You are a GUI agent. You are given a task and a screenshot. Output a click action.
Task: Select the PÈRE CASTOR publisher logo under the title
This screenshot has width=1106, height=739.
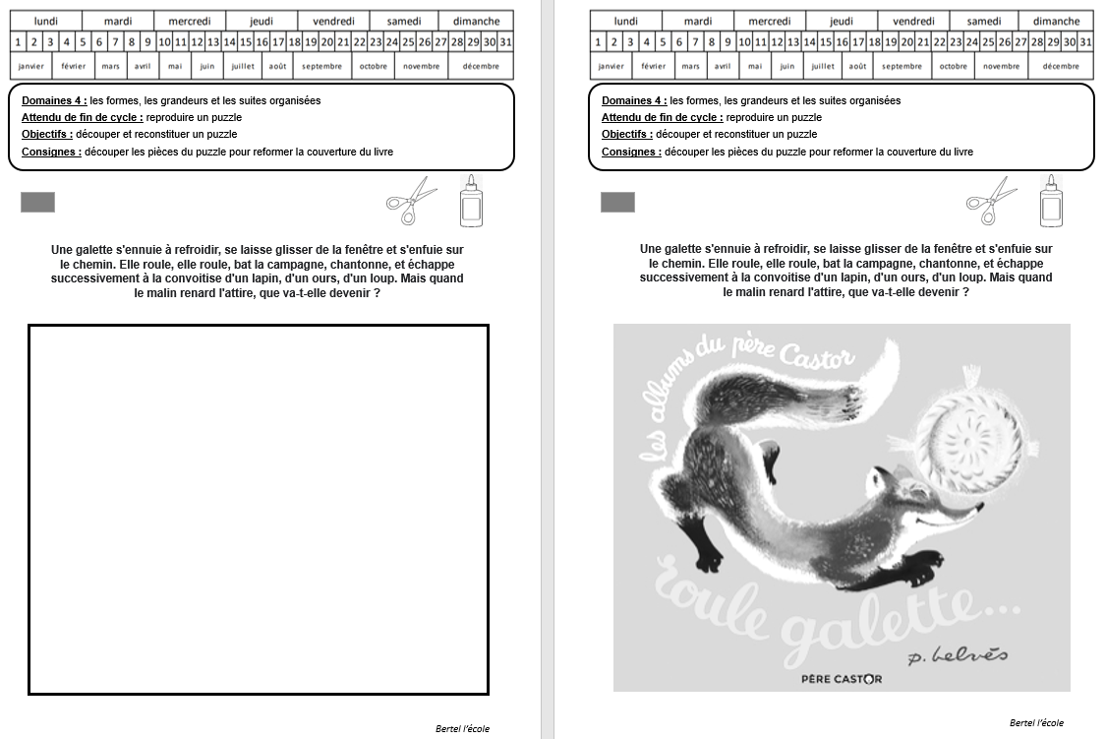(842, 679)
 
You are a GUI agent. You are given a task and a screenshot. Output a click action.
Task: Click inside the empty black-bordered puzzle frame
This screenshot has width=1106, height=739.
(259, 510)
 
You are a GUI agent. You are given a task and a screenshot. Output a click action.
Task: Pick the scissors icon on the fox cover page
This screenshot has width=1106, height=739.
(991, 201)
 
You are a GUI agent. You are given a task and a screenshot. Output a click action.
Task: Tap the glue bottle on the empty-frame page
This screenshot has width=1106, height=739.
(471, 201)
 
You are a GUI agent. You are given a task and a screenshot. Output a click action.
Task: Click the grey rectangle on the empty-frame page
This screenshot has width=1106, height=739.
(37, 203)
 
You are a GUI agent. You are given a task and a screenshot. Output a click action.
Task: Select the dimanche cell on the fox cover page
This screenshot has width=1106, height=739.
(1056, 22)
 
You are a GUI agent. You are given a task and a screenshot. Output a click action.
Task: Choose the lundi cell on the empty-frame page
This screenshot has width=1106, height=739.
(46, 22)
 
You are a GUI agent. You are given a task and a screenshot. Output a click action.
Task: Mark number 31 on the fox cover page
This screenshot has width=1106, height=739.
(1085, 42)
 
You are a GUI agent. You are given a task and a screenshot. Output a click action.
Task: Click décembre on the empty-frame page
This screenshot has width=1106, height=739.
(481, 66)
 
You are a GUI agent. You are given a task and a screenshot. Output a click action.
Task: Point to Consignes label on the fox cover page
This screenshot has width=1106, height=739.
(631, 152)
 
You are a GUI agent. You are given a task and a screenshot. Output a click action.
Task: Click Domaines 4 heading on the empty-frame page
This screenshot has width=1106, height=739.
(54, 100)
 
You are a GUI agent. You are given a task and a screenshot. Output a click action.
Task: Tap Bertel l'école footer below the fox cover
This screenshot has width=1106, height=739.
(1036, 723)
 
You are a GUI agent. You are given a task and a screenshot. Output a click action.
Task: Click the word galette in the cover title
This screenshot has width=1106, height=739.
(900, 621)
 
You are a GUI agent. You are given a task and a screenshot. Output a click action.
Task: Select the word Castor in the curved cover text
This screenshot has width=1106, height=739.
(817, 355)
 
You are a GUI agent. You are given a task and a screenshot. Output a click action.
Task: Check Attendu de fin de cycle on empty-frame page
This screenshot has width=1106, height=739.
(82, 117)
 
